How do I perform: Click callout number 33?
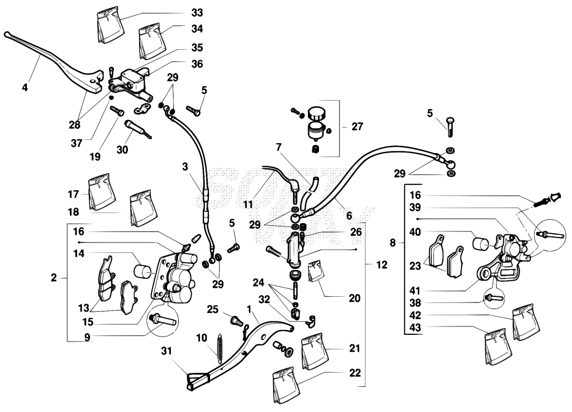197,13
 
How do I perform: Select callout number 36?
197,64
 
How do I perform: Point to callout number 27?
357,126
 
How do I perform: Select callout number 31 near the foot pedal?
166,351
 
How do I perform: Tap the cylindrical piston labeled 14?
142,272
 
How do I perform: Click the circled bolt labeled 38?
494,298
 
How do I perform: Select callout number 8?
393,242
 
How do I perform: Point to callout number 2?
54,278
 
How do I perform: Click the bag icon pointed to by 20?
315,272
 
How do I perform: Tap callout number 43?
415,328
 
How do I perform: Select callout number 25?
212,310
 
